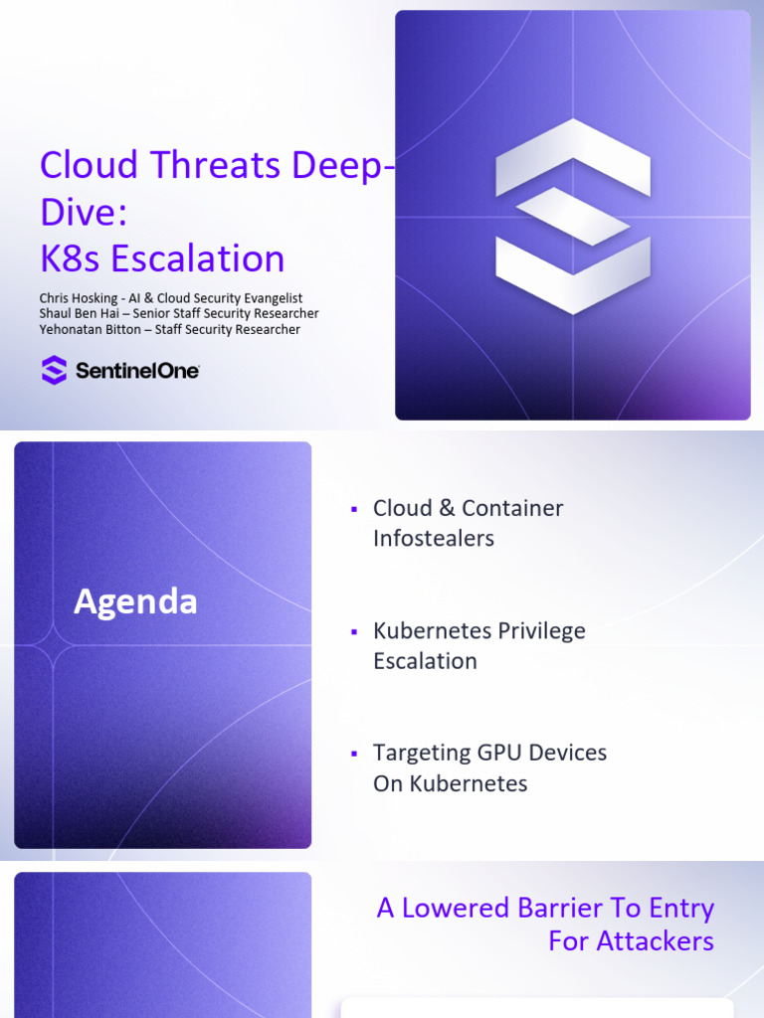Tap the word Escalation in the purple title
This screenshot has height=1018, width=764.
tap(198, 258)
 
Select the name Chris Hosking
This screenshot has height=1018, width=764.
tap(78, 298)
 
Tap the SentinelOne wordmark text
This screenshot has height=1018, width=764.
tap(137, 371)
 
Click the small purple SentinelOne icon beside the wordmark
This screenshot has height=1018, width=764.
tap(54, 371)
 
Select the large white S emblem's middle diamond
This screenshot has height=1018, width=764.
tap(572, 216)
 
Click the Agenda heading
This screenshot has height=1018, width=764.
tap(135, 601)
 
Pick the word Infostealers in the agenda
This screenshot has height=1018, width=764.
tap(433, 539)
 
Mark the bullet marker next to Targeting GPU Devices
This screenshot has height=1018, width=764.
tap(353, 754)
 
